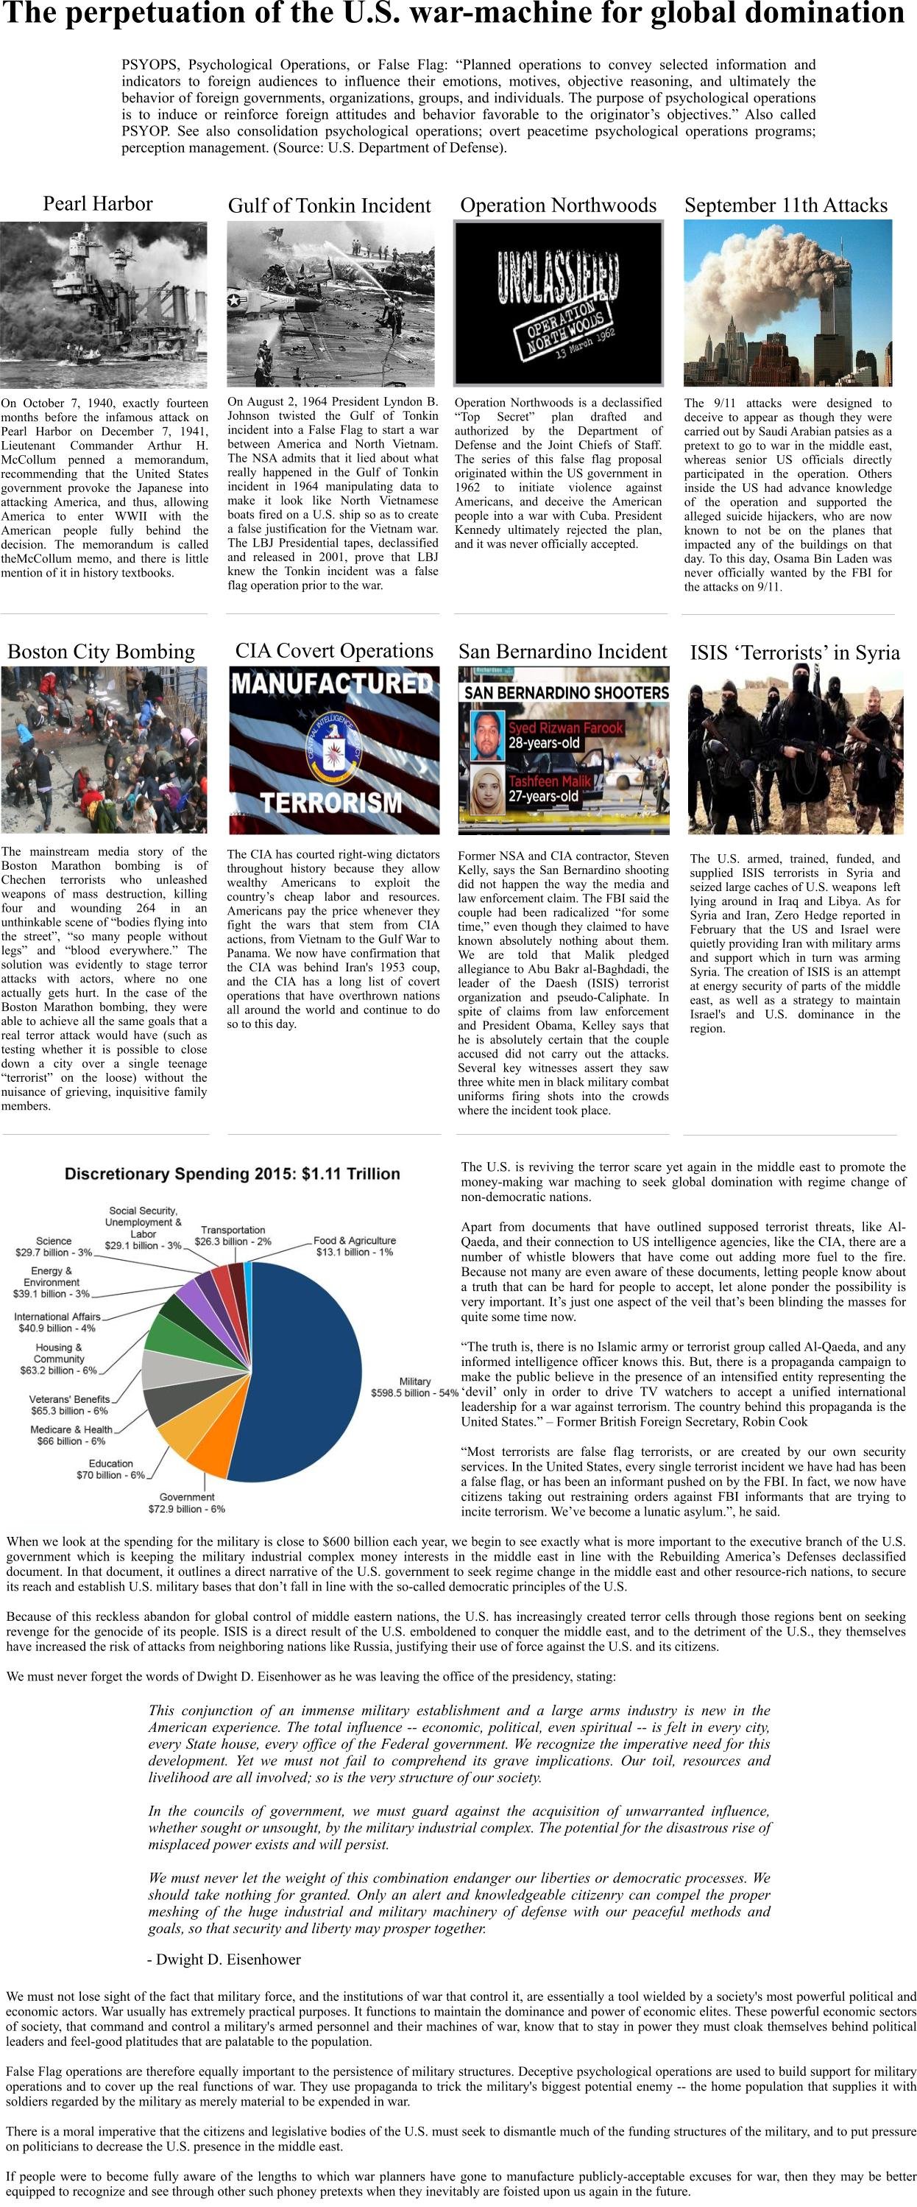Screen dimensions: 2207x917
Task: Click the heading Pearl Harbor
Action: tap(98, 204)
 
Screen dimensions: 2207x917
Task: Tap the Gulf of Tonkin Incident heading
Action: tap(329, 205)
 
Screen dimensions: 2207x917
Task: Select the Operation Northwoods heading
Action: tap(559, 205)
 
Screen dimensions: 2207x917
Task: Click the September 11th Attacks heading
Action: tap(786, 205)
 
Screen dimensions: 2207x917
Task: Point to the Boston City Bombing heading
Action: tap(101, 652)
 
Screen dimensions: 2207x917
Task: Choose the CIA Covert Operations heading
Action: tap(334, 651)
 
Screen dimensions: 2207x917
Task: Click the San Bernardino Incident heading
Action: tap(562, 652)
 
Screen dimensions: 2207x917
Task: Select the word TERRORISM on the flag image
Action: tap(331, 803)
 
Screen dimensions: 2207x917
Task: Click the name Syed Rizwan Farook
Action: tap(566, 728)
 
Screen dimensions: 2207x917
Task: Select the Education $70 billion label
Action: tap(110, 1469)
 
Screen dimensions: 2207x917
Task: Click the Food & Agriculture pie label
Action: tap(355, 1246)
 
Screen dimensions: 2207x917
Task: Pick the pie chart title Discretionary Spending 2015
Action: tap(232, 1174)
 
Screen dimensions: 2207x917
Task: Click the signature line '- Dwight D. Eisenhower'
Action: tap(224, 1960)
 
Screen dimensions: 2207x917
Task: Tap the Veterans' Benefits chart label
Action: tap(69, 1405)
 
